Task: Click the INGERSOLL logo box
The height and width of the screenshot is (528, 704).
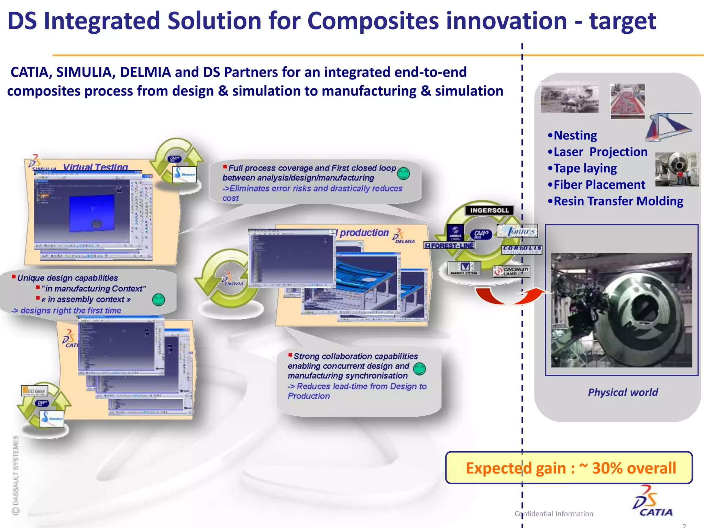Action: pos(489,210)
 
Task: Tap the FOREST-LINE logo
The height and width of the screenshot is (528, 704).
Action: pos(449,245)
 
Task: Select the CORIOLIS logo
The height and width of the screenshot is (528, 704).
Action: pos(522,249)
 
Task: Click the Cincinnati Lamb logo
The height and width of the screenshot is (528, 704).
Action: pos(511,271)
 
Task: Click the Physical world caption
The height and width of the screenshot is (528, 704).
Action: pos(623,392)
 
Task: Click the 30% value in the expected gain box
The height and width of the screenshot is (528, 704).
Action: pos(607,468)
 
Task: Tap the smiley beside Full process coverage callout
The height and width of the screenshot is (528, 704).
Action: pos(404,174)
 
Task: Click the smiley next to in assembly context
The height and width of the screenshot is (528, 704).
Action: pos(158,300)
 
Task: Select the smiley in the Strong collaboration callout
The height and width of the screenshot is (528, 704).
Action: pos(419,369)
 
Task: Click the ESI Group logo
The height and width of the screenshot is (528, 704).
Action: pos(35,391)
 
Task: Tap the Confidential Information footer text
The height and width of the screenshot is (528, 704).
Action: pos(554,514)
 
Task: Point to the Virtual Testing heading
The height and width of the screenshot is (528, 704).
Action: pos(96,167)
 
